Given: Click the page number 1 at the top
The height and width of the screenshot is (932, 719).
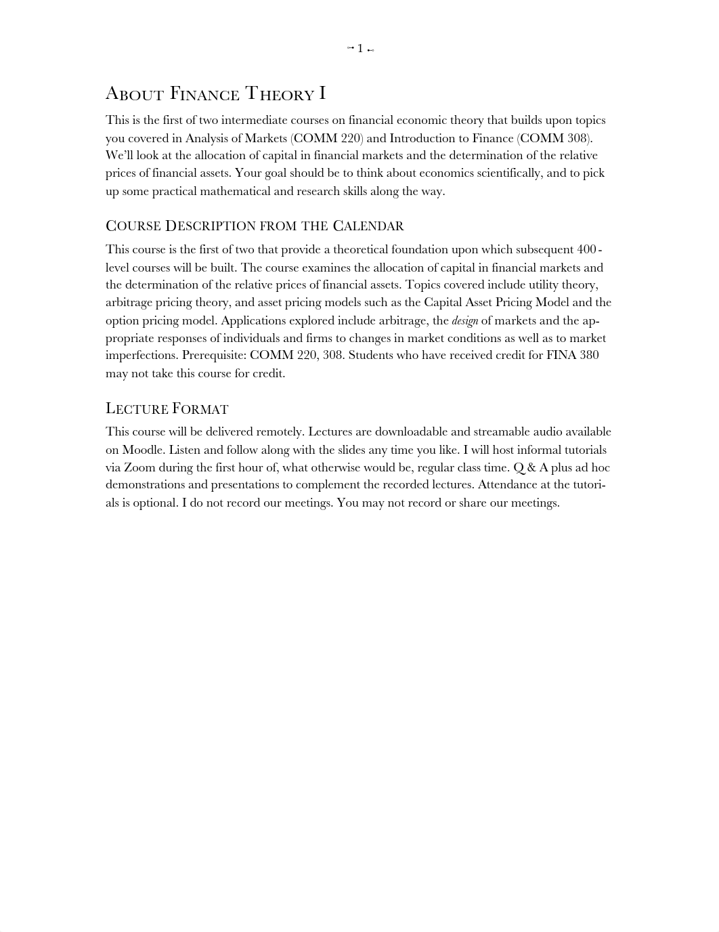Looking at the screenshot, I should [x=360, y=48].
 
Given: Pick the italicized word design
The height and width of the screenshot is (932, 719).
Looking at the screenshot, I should [x=464, y=320].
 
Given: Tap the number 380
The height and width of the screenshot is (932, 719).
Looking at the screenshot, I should [x=589, y=355].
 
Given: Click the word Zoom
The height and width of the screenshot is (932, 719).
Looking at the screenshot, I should [x=139, y=467].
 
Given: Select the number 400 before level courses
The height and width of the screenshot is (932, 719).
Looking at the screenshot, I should [x=582, y=249].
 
